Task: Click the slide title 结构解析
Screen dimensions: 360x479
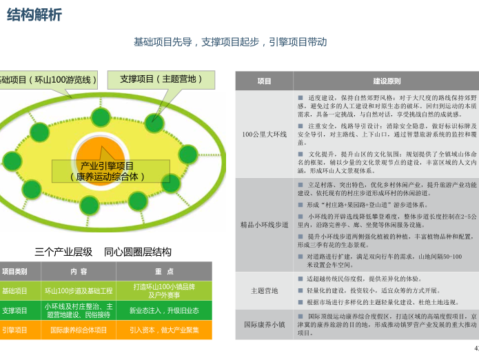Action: pyautogui.click(x=34, y=14)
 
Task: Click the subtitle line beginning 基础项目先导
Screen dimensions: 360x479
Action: pyautogui.click(x=230, y=42)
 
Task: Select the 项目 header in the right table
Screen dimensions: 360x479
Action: pyautogui.click(x=264, y=81)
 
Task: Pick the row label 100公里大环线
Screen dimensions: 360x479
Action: pyautogui.click(x=264, y=134)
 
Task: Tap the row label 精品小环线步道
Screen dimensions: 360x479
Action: pyautogui.click(x=264, y=225)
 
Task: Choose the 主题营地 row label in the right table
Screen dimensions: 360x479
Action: pyautogui.click(x=264, y=290)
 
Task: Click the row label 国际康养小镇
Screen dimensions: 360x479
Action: pyautogui.click(x=264, y=323)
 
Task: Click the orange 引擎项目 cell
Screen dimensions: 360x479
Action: pyautogui.click(x=15, y=330)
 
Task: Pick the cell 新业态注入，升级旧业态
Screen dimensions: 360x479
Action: pyautogui.click(x=164, y=310)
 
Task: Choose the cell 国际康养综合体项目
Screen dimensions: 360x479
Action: pyautogui.click(x=79, y=330)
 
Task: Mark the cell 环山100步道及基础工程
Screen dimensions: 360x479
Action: pyautogui.click(x=79, y=291)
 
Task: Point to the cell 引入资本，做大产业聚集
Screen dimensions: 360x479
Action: pyautogui.click(x=164, y=330)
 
